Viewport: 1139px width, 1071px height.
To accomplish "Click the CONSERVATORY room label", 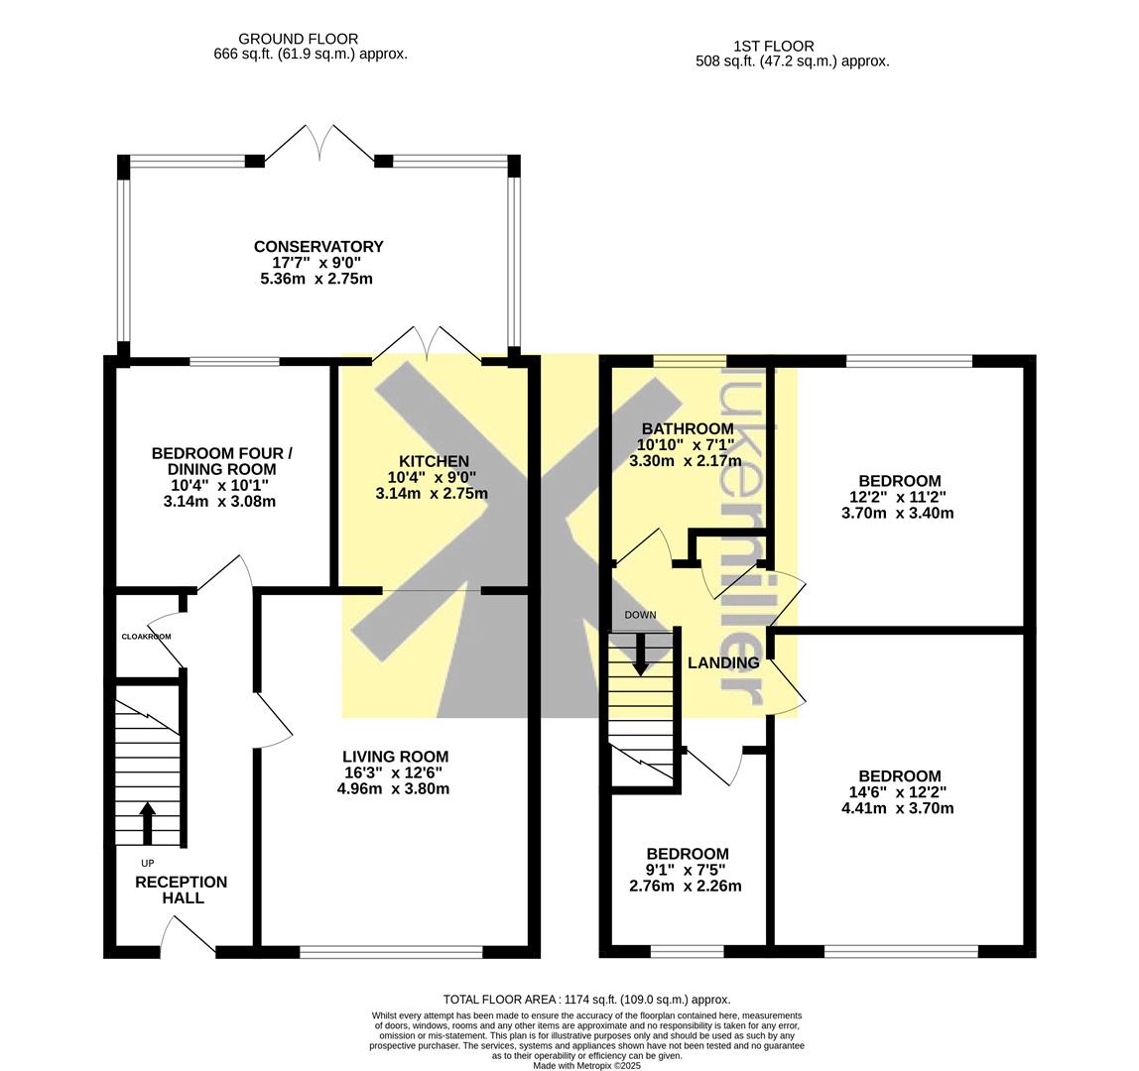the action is (318, 247).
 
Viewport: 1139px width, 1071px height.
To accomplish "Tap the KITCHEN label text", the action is (434, 461).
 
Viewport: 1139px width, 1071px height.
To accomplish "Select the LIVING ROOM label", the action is (395, 757).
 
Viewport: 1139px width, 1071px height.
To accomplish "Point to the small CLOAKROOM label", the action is (146, 637).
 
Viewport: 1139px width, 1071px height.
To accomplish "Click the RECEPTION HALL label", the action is (182, 891).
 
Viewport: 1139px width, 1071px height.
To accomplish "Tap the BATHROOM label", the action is (688, 429).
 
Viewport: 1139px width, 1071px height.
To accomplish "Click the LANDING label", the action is (723, 662).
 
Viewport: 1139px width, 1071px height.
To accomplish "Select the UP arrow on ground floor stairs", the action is (148, 823).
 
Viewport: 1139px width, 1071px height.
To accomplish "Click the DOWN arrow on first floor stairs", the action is (640, 654).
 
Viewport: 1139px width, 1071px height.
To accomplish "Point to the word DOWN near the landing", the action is (640, 615).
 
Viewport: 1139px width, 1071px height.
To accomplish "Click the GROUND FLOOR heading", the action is (298, 39).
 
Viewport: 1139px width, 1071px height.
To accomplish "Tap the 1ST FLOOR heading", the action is (774, 46).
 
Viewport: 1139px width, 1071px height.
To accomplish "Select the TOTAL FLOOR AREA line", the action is (586, 1000).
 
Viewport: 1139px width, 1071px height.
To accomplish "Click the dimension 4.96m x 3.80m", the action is (393, 788).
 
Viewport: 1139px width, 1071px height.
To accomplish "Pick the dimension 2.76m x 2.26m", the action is (685, 886).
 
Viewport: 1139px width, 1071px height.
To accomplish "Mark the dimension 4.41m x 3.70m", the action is (897, 808).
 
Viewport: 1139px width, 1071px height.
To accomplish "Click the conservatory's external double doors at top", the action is (319, 144).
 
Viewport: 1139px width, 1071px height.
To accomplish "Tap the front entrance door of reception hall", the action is (188, 934).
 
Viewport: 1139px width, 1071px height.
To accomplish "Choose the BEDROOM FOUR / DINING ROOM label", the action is (221, 462).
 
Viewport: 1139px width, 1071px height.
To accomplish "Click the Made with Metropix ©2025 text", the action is (586, 1066).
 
